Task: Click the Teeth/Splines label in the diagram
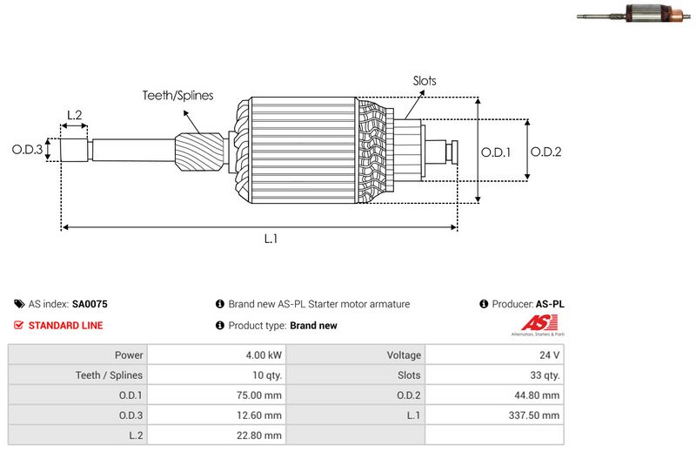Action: click(177, 96)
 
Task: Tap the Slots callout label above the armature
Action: click(425, 81)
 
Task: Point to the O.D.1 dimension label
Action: click(496, 152)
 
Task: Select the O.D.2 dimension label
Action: click(545, 152)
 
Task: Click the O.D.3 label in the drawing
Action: click(27, 150)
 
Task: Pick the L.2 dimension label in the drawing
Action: click(74, 115)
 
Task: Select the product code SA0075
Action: click(90, 305)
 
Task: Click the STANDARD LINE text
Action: click(66, 326)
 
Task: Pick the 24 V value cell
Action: click(550, 355)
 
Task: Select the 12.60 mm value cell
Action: click(260, 415)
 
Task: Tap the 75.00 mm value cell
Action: click(260, 395)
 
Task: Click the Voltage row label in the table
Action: click(404, 355)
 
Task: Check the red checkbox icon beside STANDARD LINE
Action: click(19, 326)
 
